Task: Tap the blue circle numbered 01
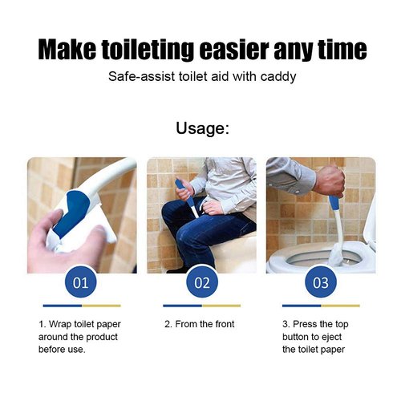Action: tap(81, 282)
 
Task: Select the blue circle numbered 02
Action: tap(201, 282)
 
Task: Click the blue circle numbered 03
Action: tap(321, 282)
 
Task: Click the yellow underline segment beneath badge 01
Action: tap(101, 306)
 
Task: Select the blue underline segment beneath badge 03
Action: tap(302, 306)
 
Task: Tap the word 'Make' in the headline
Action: tap(70, 50)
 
